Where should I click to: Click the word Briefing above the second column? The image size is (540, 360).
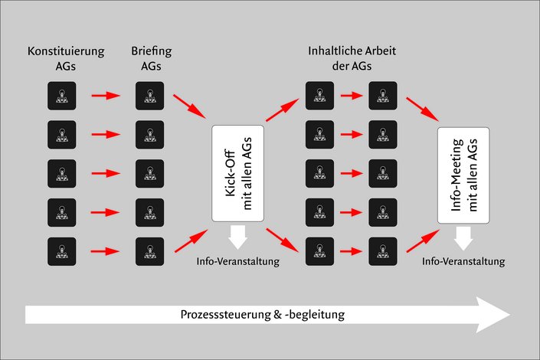coord(150,52)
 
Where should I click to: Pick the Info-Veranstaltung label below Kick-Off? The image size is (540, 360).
coord(238,262)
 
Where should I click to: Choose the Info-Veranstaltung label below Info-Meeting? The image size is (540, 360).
coord(464,261)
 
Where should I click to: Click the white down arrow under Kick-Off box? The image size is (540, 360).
coord(238,237)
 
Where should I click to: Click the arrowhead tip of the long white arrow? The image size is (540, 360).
coord(509,315)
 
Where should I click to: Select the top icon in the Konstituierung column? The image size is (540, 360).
coord(62,96)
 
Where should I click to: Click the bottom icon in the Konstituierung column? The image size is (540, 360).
coord(62,251)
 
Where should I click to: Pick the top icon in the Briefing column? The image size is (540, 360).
coord(149,96)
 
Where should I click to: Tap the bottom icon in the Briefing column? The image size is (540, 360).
coord(149,251)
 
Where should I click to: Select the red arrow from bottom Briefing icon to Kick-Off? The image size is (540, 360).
coord(189,239)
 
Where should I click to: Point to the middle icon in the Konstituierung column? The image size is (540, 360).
coord(62,173)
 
